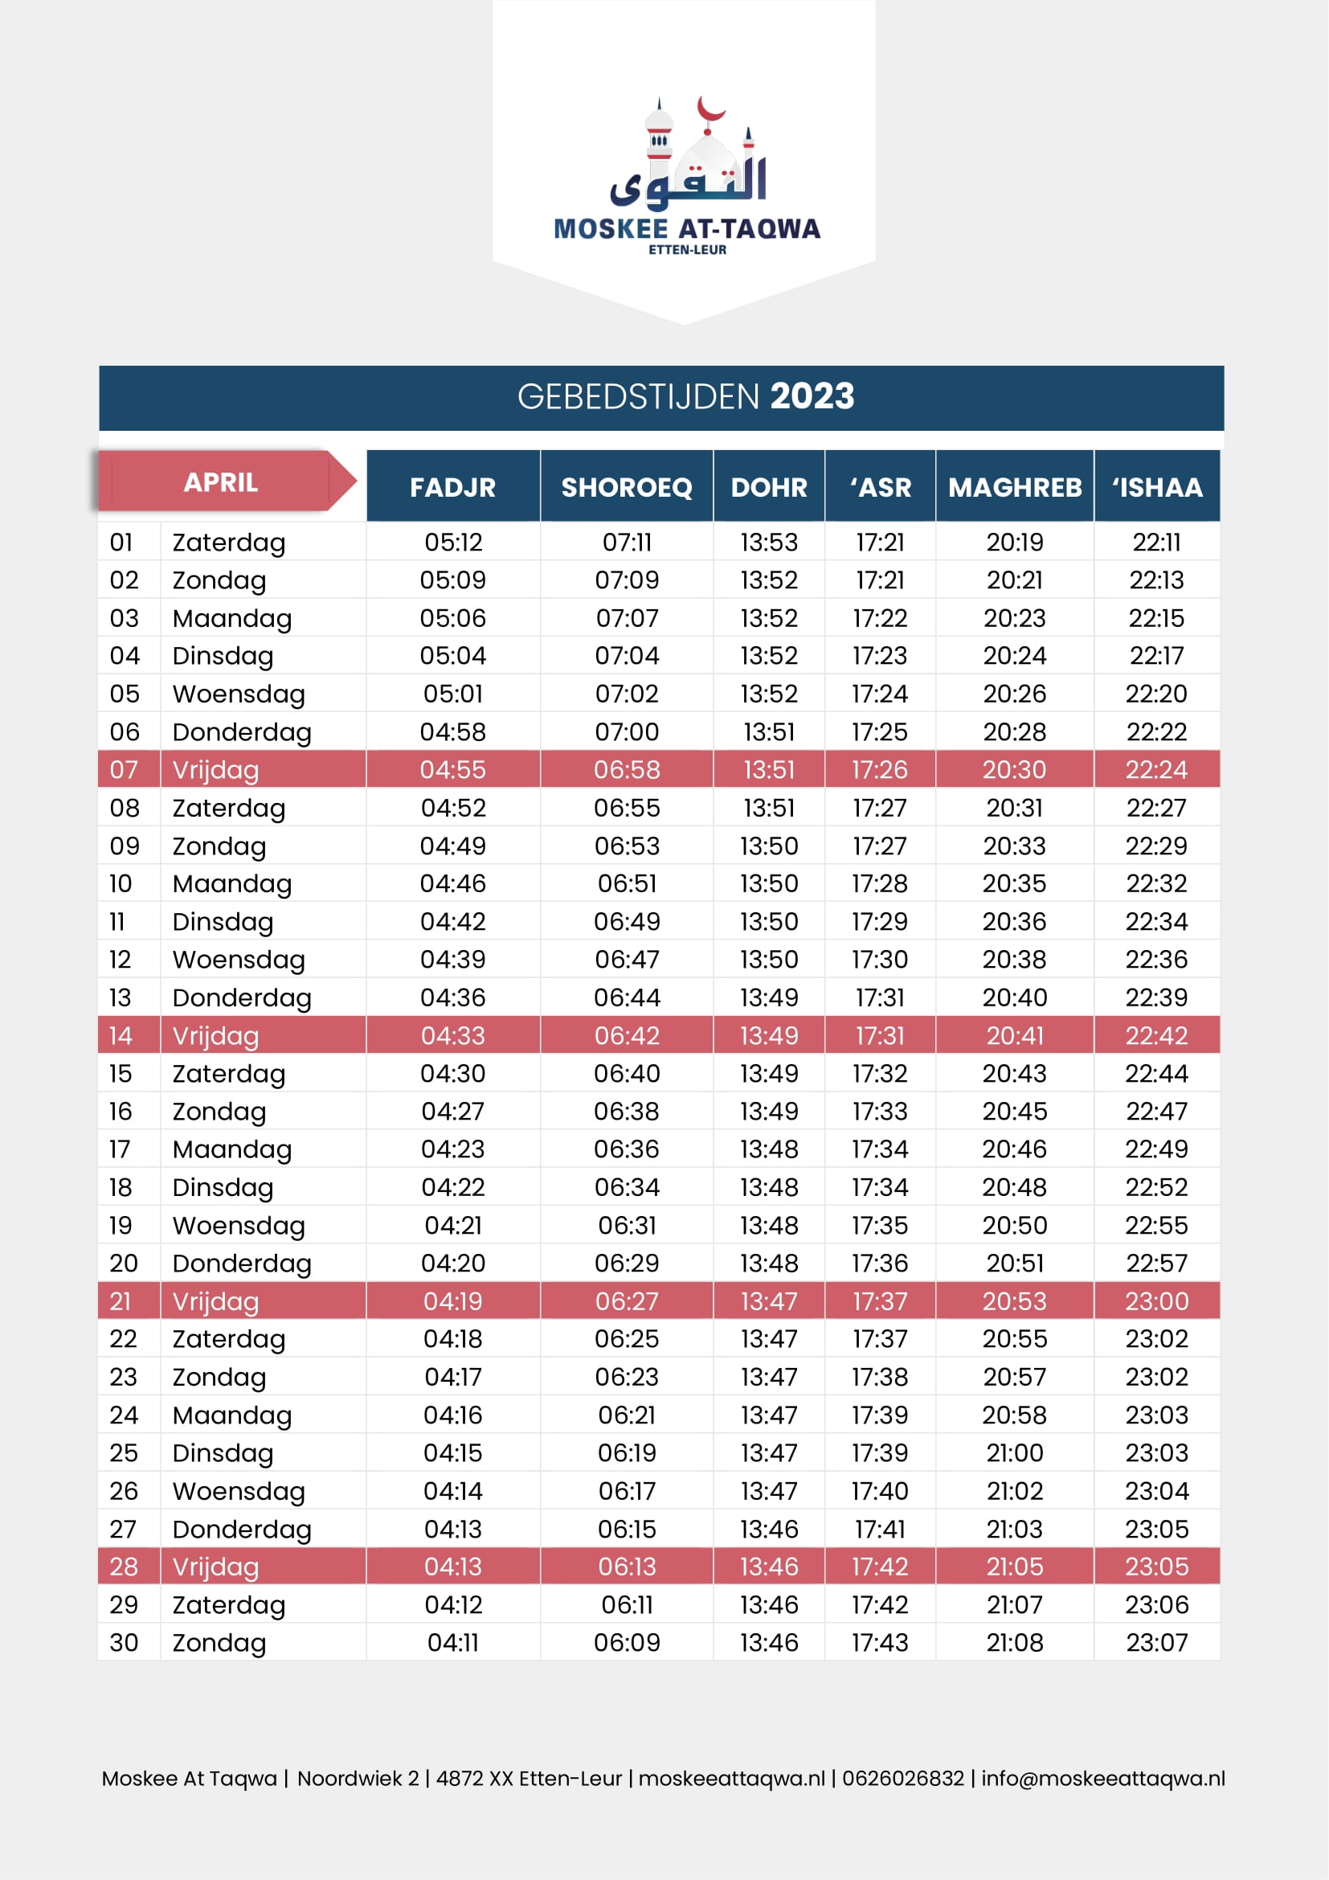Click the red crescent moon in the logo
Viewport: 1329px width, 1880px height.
[709, 110]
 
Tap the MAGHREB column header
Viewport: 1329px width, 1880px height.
[1014, 487]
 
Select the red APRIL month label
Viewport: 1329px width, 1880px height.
[220, 482]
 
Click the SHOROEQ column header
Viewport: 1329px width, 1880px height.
[626, 487]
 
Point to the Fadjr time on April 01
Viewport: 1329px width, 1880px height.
[452, 542]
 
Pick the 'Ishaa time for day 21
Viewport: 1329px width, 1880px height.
[1155, 1301]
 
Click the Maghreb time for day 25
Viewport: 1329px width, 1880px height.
[1014, 1452]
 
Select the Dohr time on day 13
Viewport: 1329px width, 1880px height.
[768, 997]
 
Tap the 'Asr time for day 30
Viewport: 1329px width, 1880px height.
[880, 1643]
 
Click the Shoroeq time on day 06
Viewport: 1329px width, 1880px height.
[626, 732]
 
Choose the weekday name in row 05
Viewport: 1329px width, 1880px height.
[238, 694]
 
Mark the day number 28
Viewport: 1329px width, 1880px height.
[124, 1567]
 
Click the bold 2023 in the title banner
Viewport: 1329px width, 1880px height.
[812, 397]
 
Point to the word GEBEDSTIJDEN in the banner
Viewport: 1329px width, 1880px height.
[639, 397]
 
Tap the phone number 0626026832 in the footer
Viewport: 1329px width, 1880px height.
[902, 1779]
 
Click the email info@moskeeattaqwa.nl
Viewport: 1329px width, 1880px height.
[1102, 1779]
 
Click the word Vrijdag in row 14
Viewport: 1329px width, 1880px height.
[215, 1036]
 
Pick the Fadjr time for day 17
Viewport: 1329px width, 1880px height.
[452, 1149]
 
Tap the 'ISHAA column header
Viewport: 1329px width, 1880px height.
[1156, 487]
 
